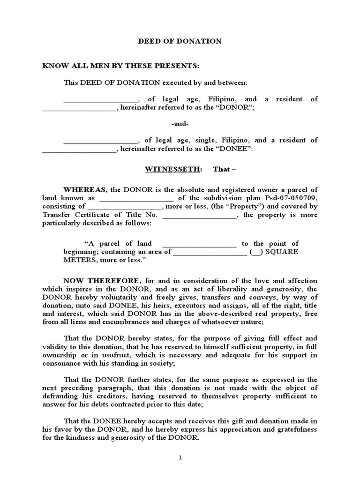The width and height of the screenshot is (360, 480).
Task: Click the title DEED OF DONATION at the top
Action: coord(180,41)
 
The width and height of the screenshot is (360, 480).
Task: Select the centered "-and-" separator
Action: coord(180,124)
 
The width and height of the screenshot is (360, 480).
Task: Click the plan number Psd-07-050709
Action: coord(290,198)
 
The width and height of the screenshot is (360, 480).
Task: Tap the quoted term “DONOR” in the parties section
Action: coord(240,107)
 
